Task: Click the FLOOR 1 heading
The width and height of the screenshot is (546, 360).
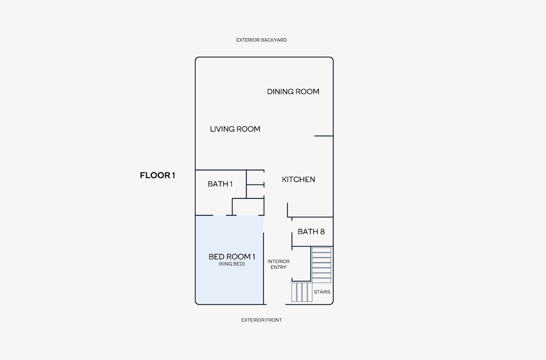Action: tap(157, 175)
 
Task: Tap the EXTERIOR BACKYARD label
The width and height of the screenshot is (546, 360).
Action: tap(262, 40)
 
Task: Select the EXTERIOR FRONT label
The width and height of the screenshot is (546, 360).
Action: tap(262, 320)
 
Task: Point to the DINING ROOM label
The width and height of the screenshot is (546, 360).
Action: tap(293, 92)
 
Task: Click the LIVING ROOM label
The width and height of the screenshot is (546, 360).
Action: tap(235, 129)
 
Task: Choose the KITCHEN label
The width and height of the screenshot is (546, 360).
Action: tap(299, 180)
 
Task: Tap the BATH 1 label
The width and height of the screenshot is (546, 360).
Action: tap(220, 184)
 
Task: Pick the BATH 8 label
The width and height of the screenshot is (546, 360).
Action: tap(311, 232)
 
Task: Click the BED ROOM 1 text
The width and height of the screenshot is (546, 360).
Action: tap(232, 257)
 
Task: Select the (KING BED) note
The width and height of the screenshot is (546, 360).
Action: tap(232, 264)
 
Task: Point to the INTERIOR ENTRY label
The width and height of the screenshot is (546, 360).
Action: tap(278, 264)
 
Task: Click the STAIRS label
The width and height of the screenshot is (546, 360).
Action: tap(322, 292)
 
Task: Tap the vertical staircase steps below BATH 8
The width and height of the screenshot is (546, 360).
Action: tap(322, 265)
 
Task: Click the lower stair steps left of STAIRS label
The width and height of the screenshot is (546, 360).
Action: tap(302, 292)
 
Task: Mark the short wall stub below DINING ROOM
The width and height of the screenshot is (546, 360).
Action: tap(324, 136)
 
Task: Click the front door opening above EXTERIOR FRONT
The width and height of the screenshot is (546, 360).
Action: tap(276, 304)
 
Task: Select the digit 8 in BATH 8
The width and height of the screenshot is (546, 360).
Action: tap(322, 232)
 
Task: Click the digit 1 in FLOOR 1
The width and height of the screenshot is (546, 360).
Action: tap(173, 175)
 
